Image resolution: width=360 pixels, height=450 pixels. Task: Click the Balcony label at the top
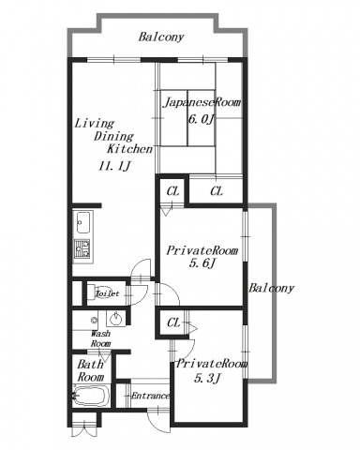tap(161, 37)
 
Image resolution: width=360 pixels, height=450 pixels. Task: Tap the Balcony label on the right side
tap(271, 288)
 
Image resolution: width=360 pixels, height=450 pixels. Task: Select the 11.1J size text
tap(114, 167)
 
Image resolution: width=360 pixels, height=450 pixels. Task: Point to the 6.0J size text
tap(202, 119)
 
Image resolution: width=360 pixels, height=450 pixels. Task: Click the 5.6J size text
tap(202, 264)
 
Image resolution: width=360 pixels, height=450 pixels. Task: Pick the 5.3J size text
tap(207, 379)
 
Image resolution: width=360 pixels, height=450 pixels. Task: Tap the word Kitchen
tap(129, 149)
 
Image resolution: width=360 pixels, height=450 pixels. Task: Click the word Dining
tap(113, 137)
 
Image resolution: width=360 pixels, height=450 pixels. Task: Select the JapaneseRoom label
tap(202, 102)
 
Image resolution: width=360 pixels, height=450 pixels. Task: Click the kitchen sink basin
tap(83, 222)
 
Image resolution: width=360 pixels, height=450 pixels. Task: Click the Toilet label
tap(107, 293)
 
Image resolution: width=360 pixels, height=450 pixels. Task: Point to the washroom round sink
tap(115, 319)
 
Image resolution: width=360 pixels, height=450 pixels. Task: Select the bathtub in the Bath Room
tap(91, 396)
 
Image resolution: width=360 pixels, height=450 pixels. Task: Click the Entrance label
tap(151, 396)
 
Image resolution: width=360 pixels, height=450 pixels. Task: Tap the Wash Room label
tap(100, 338)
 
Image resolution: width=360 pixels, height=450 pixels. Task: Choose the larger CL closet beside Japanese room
tap(217, 191)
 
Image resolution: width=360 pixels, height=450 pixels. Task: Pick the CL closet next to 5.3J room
tap(173, 322)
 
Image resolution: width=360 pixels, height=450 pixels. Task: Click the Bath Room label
tap(91, 370)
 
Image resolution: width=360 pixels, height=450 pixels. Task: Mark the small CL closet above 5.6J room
tap(172, 191)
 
